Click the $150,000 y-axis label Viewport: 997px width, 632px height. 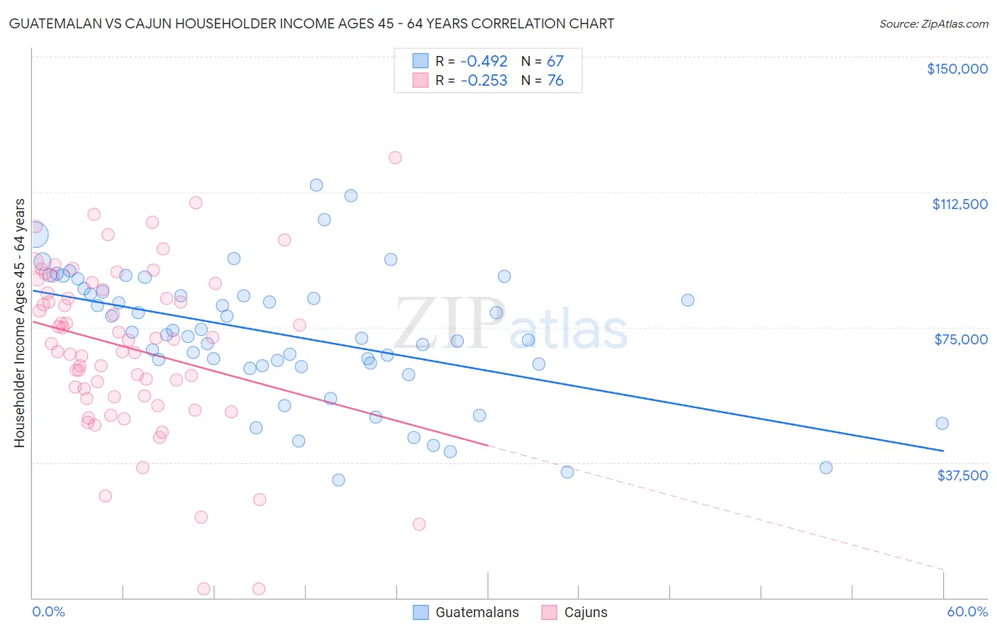(957, 69)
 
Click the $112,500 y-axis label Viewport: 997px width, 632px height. (959, 204)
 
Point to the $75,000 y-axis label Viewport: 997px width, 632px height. (961, 339)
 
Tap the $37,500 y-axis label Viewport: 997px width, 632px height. (962, 475)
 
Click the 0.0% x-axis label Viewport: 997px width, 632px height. (48, 612)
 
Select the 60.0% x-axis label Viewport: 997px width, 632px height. (967, 612)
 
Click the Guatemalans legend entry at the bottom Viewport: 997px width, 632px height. (477, 613)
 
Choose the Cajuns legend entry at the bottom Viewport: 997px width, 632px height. (585, 613)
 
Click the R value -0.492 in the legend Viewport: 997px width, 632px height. (484, 61)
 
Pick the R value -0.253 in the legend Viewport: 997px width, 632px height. (484, 81)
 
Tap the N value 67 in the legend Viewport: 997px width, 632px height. (555, 61)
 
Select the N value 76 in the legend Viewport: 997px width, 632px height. (555, 81)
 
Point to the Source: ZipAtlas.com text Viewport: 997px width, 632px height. (933, 23)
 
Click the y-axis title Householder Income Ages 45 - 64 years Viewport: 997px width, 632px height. (20, 323)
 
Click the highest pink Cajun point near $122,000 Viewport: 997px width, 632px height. (395, 157)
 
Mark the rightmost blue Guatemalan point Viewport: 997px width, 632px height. (942, 423)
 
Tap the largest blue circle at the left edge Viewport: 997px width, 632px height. (35, 235)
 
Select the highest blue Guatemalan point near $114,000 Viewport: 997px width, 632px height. (316, 185)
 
